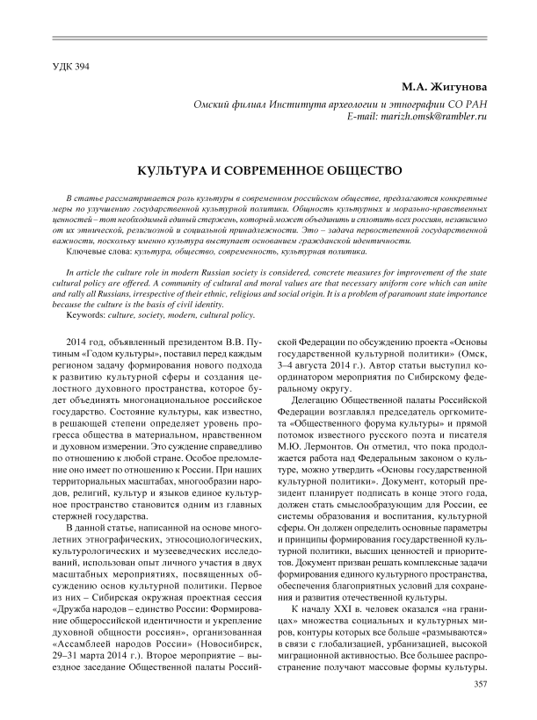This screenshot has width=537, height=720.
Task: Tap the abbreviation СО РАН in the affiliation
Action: click(x=455, y=104)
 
